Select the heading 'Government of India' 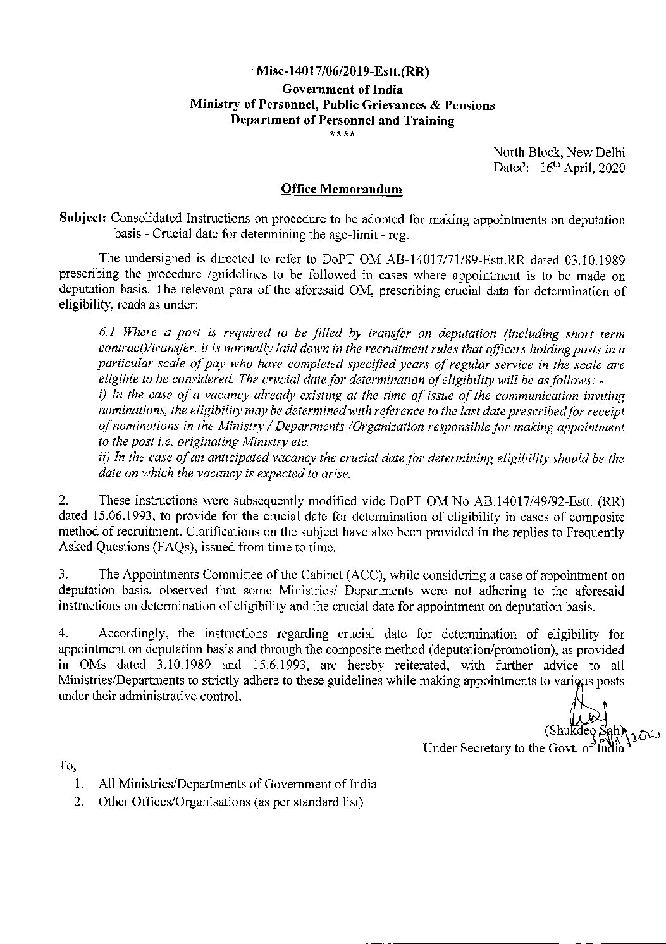click(342, 89)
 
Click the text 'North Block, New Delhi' click(559, 152)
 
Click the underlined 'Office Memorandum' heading click(342, 189)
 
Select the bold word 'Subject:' click(83, 220)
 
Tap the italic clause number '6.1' click(109, 333)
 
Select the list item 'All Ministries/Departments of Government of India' click(238, 784)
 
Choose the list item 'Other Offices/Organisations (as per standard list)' click(230, 802)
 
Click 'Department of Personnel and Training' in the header click(342, 121)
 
